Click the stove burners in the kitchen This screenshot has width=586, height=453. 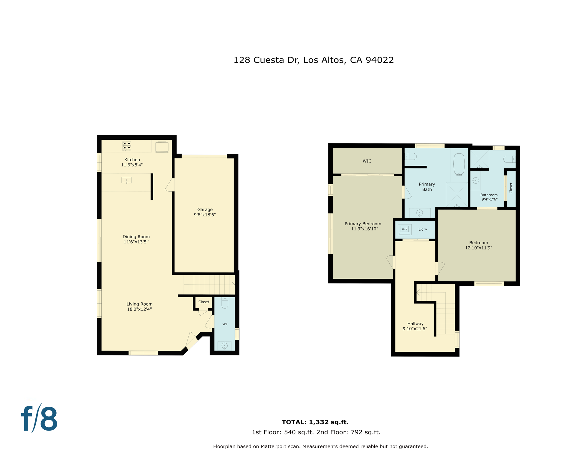pyautogui.click(x=127, y=146)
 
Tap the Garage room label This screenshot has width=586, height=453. pyautogui.click(x=205, y=210)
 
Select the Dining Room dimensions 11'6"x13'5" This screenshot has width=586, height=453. pyautogui.click(x=136, y=242)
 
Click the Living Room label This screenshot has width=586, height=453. pyautogui.click(x=139, y=304)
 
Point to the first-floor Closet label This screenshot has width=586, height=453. pyautogui.click(x=204, y=302)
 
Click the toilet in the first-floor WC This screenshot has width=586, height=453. pyautogui.click(x=225, y=303)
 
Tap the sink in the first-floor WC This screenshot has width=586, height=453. pyautogui.click(x=224, y=346)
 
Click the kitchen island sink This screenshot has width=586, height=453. pyautogui.click(x=126, y=180)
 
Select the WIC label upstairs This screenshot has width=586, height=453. pyautogui.click(x=367, y=161)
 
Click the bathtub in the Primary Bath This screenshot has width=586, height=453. pyautogui.click(x=459, y=164)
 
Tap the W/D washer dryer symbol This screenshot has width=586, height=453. pyautogui.click(x=404, y=229)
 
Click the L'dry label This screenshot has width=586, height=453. pyautogui.click(x=422, y=229)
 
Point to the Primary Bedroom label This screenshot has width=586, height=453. pyautogui.click(x=363, y=224)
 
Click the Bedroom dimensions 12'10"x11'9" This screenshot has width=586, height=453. pyautogui.click(x=478, y=248)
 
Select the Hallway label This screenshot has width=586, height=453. pyautogui.click(x=415, y=324)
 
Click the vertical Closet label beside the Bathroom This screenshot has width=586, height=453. pyautogui.click(x=511, y=188)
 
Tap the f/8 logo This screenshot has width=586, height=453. pyautogui.click(x=39, y=418)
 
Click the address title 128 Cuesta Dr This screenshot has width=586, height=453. pyautogui.click(x=313, y=60)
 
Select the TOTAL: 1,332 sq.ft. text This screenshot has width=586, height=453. pyautogui.click(x=315, y=422)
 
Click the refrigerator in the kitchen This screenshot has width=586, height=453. pyautogui.click(x=162, y=147)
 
